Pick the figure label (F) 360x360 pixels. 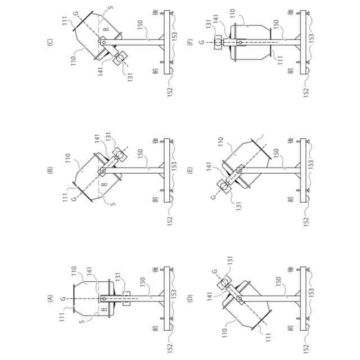[191, 41]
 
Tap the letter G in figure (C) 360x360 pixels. [75, 13]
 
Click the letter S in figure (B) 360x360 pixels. [113, 204]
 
